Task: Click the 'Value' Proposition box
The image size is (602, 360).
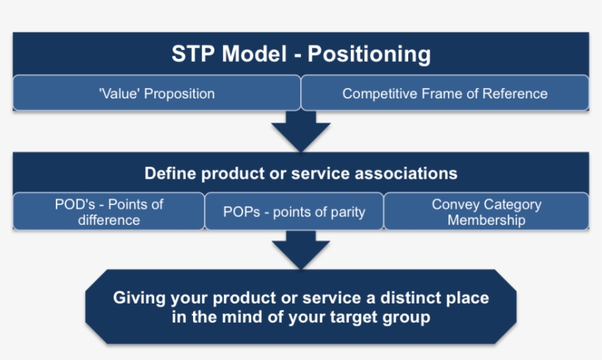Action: pyautogui.click(x=156, y=93)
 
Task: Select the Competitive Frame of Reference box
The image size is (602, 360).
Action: pyautogui.click(x=445, y=93)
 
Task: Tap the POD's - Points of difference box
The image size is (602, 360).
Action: pyautogui.click(x=109, y=212)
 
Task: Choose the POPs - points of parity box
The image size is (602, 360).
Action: pyautogui.click(x=294, y=212)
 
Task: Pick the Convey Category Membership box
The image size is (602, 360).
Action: pyautogui.click(x=486, y=212)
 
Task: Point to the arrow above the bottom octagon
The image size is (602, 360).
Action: pyautogui.click(x=301, y=250)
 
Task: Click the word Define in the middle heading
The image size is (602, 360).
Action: pyautogui.click(x=170, y=173)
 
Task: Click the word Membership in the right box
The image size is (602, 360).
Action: pyautogui.click(x=486, y=220)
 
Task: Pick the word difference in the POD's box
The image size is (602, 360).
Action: pyautogui.click(x=109, y=220)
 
